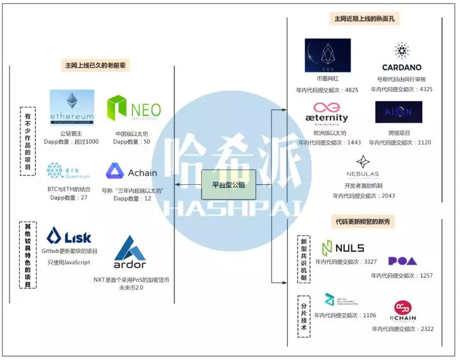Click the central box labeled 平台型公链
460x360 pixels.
point(228,184)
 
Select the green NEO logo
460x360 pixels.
point(134,108)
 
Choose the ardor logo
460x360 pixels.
point(130,253)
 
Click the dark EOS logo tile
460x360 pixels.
point(328,56)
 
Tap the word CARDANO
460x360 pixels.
point(401,67)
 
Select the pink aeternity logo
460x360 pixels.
point(326,113)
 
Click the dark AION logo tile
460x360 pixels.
point(399,112)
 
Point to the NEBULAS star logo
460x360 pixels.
point(362,166)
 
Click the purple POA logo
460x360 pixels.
point(402,261)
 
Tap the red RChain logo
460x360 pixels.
point(402,310)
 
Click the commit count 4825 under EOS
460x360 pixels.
point(351,90)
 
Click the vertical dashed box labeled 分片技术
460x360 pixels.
point(304,313)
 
